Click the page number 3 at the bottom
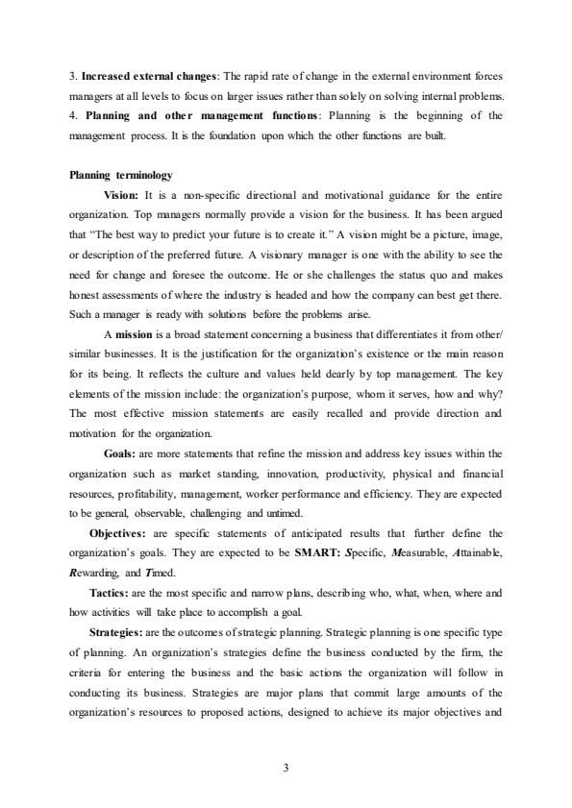click(286, 769)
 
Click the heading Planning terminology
click(121, 175)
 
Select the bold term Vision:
click(120, 195)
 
